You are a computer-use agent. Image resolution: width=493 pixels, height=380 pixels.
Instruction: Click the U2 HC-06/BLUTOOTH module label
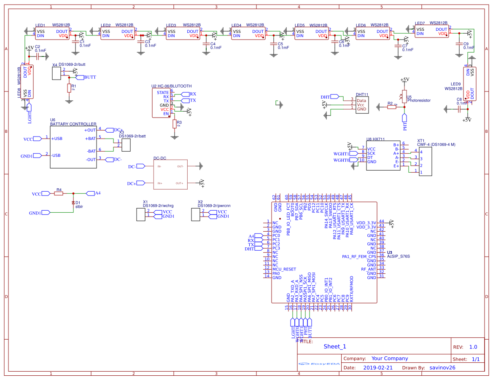[171, 86]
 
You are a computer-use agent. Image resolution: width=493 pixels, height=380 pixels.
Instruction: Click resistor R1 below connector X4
[69, 88]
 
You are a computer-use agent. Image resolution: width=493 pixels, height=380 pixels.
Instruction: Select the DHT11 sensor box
[362, 104]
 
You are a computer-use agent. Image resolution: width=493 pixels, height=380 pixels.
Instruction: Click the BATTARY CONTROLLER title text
[73, 124]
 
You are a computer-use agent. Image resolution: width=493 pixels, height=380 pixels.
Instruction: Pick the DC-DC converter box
[171, 175]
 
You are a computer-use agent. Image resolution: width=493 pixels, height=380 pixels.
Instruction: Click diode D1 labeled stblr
[73, 203]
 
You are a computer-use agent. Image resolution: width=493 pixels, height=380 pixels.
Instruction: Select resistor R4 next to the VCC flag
[59, 194]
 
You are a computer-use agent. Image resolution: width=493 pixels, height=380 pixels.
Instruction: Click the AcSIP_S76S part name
[398, 256]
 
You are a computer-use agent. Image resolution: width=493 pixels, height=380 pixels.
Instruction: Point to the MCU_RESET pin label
[284, 269]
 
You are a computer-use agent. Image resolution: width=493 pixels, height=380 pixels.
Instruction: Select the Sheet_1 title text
[335, 347]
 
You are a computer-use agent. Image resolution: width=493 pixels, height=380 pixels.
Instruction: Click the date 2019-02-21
[377, 367]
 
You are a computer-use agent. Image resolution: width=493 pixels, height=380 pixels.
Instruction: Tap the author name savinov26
[442, 367]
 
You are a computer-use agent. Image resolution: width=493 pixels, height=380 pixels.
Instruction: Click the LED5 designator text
[300, 26]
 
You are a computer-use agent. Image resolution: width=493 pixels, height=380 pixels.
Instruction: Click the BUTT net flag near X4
[89, 77]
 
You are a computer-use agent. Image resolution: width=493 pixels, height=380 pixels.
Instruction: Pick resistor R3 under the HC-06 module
[174, 124]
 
